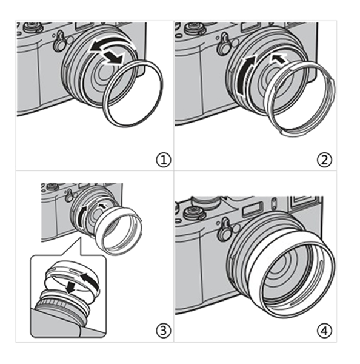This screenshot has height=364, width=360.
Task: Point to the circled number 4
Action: (x=324, y=331)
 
